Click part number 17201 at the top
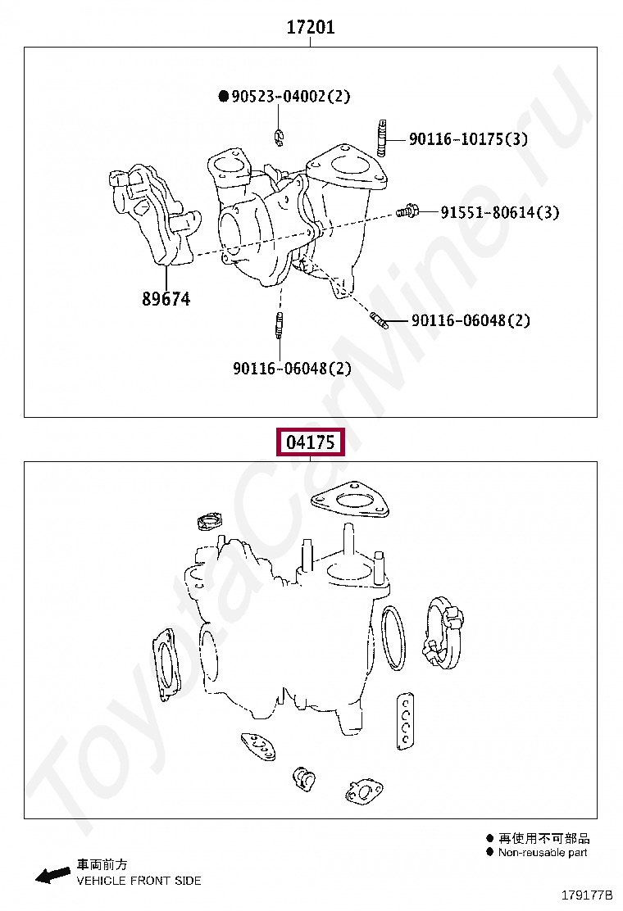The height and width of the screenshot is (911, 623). pos(311,27)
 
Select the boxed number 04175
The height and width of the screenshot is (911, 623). pos(311,442)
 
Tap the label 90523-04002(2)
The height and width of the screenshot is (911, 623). pos(290,96)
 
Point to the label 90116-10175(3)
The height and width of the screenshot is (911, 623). pos(468,138)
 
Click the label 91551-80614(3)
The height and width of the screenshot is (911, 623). pos(500,212)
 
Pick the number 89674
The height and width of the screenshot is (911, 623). pos(166,299)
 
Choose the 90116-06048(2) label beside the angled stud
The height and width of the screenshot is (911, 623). pos(471,320)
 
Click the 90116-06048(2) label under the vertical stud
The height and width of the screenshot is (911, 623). pos(293,369)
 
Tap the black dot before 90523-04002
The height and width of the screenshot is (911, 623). pos(224,96)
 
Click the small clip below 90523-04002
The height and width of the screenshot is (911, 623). pos(280,137)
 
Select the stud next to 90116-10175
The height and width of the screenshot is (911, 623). pos(381,138)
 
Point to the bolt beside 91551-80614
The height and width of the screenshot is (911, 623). pos(407,211)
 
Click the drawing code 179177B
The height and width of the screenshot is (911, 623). pos(586,895)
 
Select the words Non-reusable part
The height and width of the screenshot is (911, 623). pos(543,852)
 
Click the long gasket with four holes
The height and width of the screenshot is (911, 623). pos(406,720)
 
